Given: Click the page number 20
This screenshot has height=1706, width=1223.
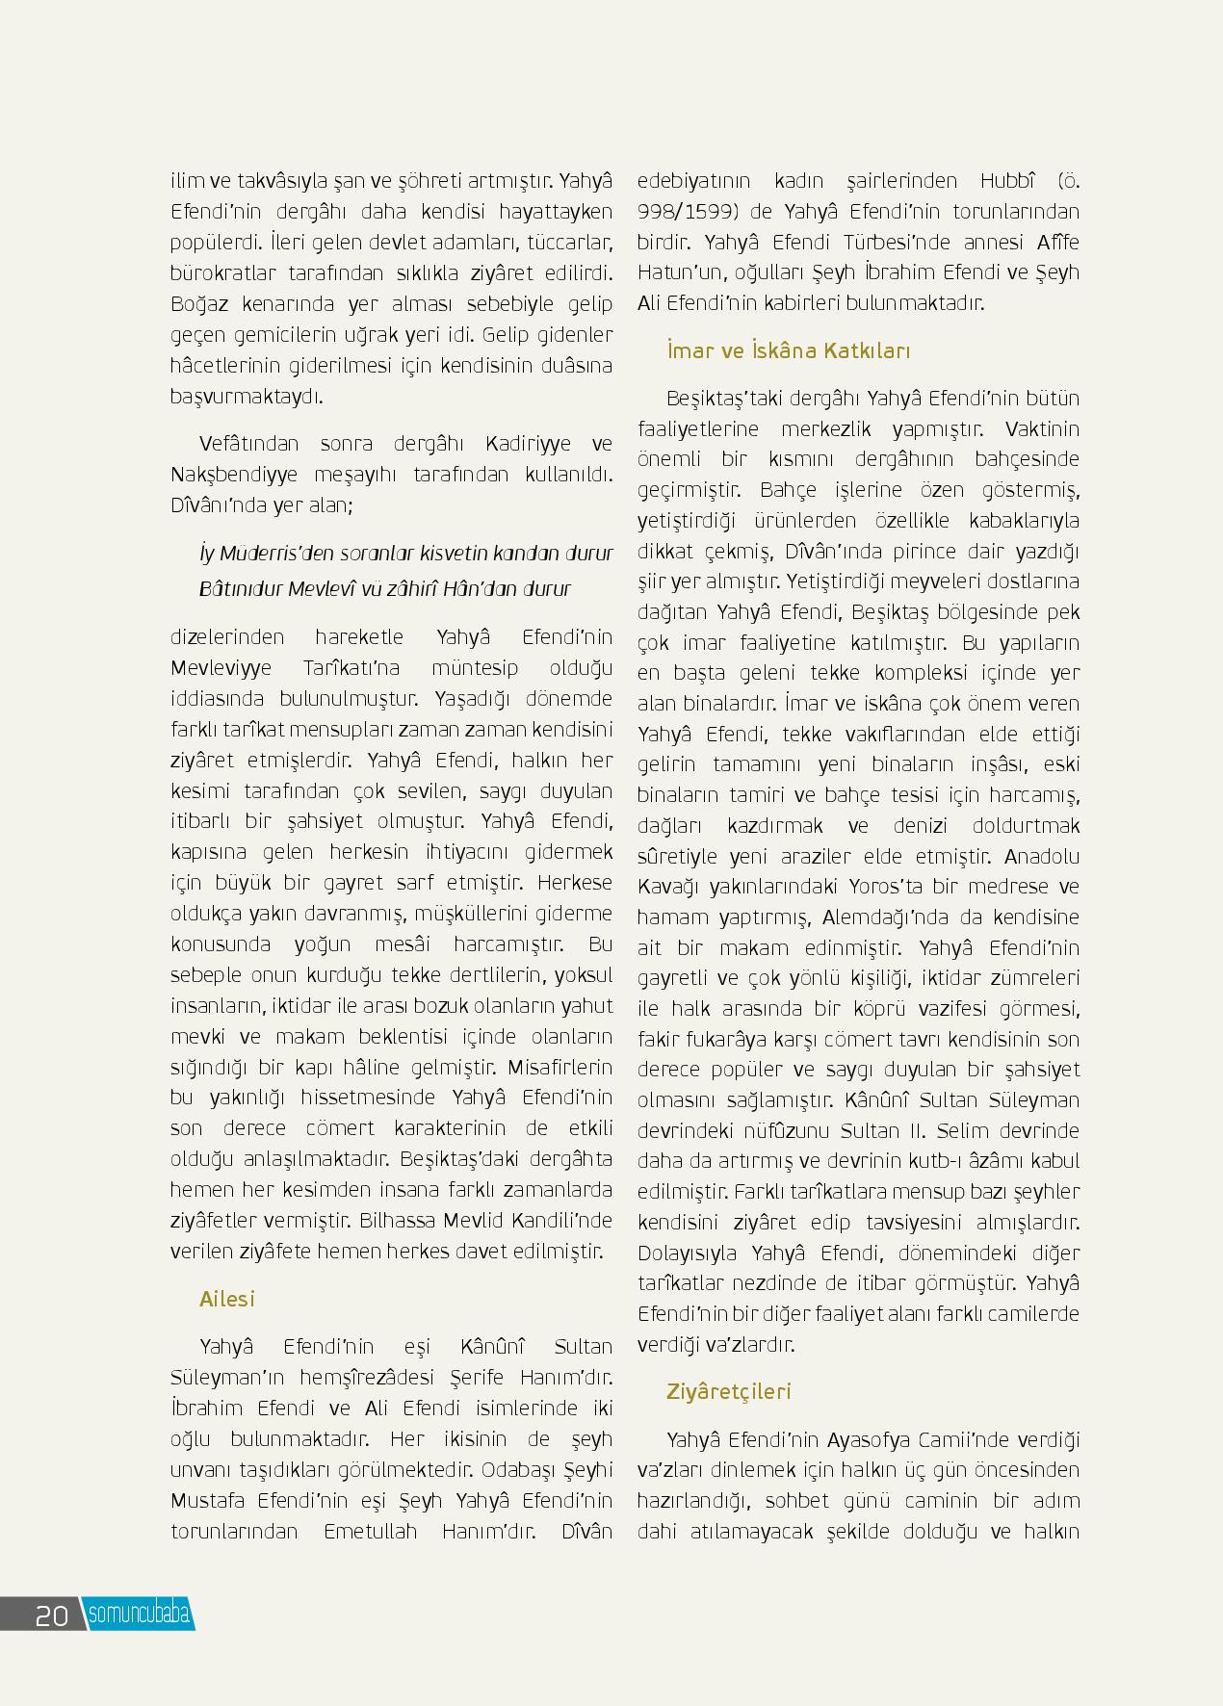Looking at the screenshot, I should (51, 1615).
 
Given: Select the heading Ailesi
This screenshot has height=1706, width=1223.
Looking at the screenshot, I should (227, 1299).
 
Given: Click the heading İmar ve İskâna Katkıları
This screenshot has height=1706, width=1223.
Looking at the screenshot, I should (788, 350).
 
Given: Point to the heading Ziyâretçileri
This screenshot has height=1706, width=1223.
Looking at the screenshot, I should (728, 1391).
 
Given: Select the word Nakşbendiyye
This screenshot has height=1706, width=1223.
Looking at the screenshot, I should (223, 475).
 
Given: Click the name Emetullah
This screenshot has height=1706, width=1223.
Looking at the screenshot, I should (371, 1531).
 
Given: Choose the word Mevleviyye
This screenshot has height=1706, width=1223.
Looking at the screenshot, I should (221, 668).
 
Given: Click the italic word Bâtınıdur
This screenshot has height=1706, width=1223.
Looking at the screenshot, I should (238, 589).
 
